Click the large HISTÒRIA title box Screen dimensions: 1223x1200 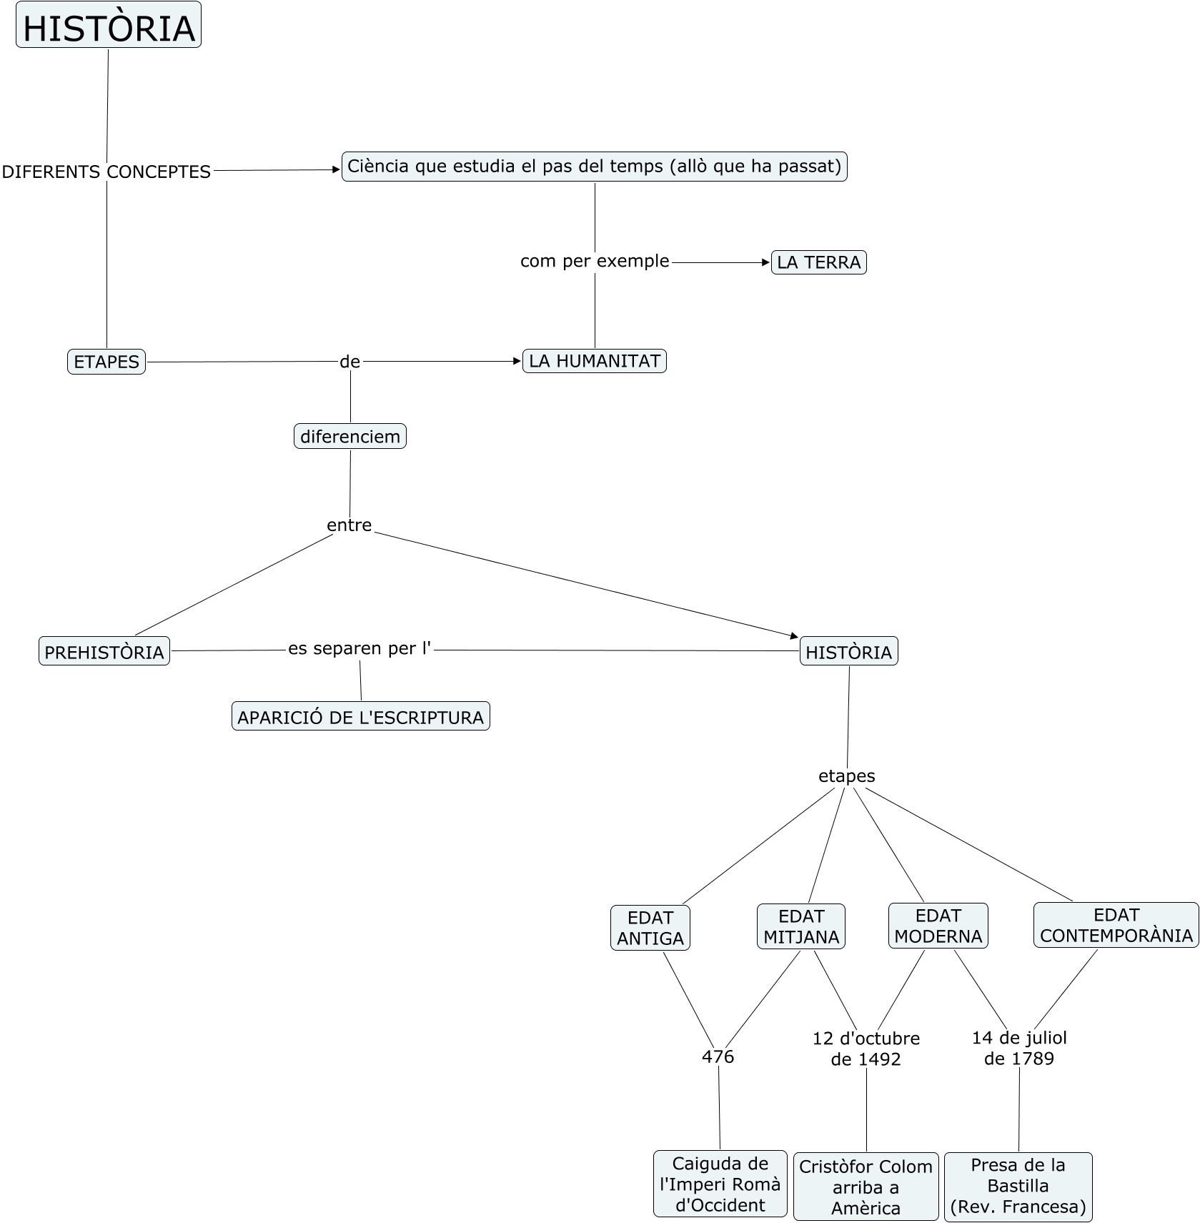click(109, 26)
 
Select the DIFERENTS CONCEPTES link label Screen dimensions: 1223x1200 click(106, 172)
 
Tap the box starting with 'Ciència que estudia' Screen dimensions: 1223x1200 click(594, 167)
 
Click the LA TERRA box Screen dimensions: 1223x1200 click(818, 262)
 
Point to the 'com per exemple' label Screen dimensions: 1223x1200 click(595, 261)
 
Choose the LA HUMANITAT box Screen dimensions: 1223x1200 click(595, 361)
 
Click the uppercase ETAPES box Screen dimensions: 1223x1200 click(106, 362)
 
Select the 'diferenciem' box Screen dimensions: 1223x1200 click(350, 436)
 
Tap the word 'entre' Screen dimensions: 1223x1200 click(349, 525)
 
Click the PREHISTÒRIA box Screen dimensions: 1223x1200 click(104, 651)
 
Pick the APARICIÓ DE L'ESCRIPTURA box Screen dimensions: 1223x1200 click(361, 716)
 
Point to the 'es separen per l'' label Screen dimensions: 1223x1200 click(360, 649)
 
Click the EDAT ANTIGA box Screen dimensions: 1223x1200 click(650, 928)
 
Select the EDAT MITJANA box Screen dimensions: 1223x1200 click(801, 926)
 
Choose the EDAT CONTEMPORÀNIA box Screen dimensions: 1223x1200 click(1116, 925)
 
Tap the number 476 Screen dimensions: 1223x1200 click(718, 1056)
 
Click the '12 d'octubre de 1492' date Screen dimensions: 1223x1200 click(866, 1049)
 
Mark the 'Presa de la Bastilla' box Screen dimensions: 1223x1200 click(1018, 1186)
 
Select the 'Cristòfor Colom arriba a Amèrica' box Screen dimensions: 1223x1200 click(866, 1187)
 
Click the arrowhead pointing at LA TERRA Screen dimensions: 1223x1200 click(766, 262)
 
